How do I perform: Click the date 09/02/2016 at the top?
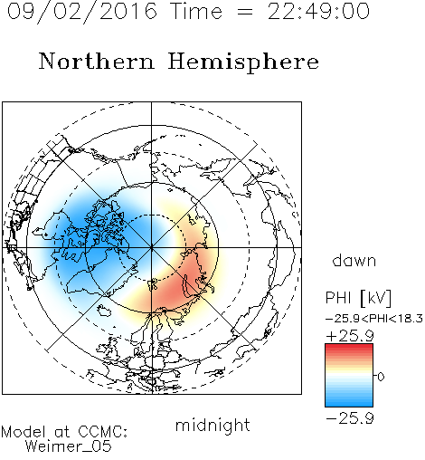click(x=82, y=12)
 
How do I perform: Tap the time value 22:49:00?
click(x=318, y=12)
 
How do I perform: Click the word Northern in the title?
click(x=97, y=62)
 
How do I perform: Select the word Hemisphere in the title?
click(x=243, y=62)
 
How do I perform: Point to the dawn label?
click(x=354, y=260)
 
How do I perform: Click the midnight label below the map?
click(x=212, y=426)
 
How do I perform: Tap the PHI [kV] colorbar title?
click(x=358, y=298)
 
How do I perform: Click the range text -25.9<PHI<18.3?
click(x=374, y=319)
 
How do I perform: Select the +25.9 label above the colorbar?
click(x=350, y=336)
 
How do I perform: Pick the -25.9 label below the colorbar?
click(x=350, y=418)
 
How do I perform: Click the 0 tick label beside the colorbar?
click(x=381, y=377)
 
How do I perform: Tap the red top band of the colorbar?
click(x=349, y=348)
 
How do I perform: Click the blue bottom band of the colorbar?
click(x=349, y=403)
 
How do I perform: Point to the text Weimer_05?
click(x=69, y=446)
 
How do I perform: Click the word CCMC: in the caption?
click(x=103, y=432)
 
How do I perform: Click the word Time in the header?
click(x=196, y=12)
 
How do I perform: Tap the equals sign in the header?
click(x=245, y=13)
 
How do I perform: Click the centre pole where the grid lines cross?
click(x=151, y=247)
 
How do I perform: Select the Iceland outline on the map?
click(x=103, y=310)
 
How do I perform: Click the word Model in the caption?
click(x=24, y=432)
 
